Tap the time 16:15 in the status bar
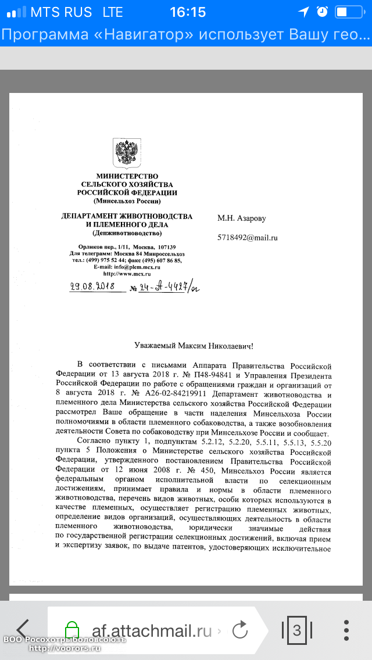tap(188, 12)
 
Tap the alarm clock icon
tap(323, 12)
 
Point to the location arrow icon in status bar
tap(303, 12)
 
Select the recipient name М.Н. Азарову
tap(241, 218)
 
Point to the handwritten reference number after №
tap(168, 288)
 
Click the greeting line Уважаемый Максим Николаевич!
tap(193, 346)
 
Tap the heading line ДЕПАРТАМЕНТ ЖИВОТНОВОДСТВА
tap(127, 217)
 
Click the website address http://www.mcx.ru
tap(127, 273)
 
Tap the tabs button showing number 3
tap(296, 630)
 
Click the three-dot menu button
tap(346, 630)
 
